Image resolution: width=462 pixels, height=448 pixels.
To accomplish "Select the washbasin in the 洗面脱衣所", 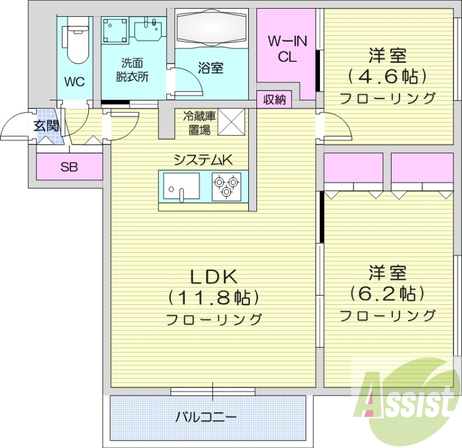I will click(x=149, y=30).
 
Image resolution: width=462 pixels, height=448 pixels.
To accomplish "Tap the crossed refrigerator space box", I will click(x=232, y=122).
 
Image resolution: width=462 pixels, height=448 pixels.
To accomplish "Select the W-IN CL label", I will click(x=286, y=48).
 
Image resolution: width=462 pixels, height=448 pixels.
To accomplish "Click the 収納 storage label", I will click(x=275, y=100).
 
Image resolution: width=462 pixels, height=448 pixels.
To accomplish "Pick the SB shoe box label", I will click(x=69, y=167).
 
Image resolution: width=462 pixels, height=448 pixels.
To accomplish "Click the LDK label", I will click(x=212, y=276).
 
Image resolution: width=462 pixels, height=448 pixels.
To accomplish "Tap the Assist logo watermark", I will click(x=408, y=399).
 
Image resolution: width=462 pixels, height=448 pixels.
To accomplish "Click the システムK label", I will click(x=204, y=160).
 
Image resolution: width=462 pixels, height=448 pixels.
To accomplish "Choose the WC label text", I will click(x=74, y=82).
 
